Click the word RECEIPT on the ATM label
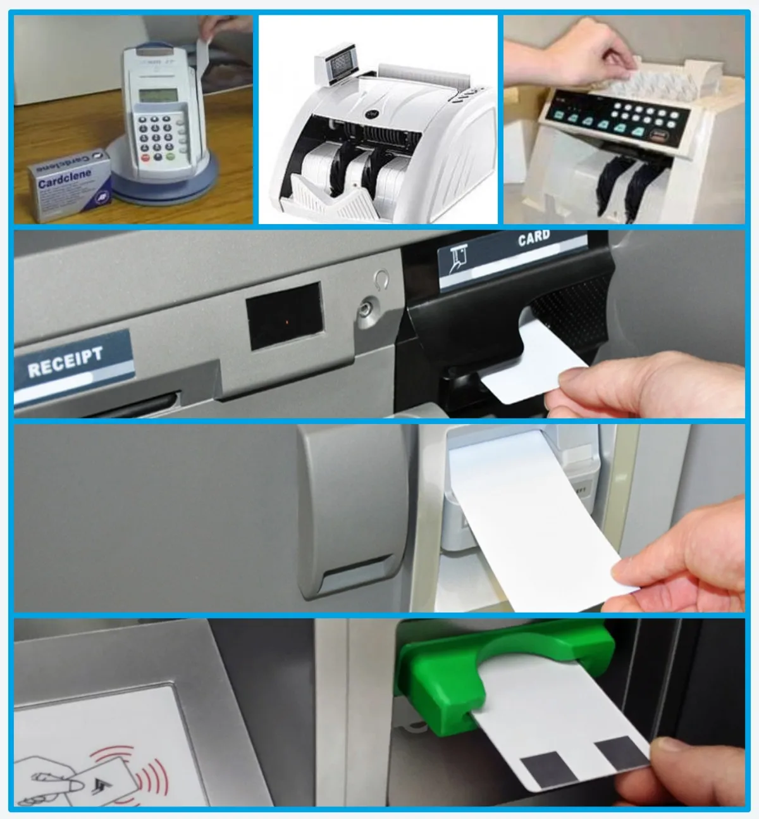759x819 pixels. pyautogui.click(x=65, y=361)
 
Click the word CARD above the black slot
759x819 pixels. pyautogui.click(x=533, y=239)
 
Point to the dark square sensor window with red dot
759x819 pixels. pyautogui.click(x=285, y=316)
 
